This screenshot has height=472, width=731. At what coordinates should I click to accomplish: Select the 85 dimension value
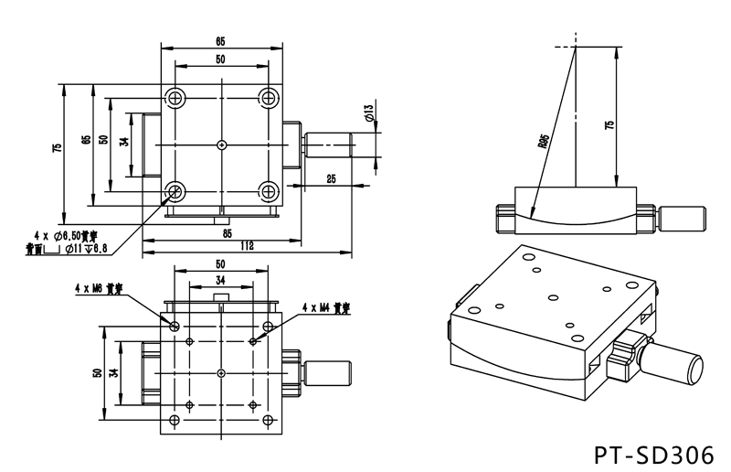tap(225, 233)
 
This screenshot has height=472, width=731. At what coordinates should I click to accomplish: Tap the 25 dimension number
tap(329, 179)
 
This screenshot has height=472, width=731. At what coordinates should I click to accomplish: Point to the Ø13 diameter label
tap(367, 114)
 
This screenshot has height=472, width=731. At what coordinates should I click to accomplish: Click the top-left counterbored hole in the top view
tap(175, 98)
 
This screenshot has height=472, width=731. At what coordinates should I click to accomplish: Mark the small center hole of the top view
tap(222, 145)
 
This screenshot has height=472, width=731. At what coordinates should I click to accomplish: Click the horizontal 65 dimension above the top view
tap(222, 39)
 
